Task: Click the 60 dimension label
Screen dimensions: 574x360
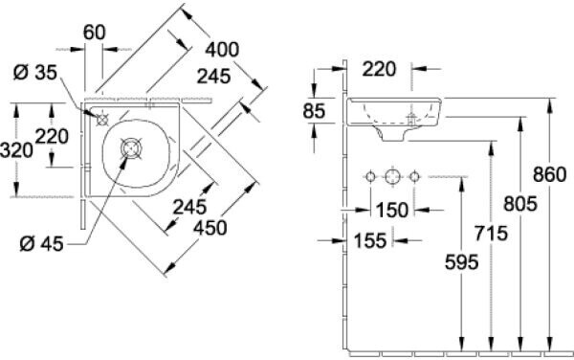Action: point(94,33)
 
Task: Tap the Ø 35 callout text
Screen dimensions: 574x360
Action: point(35,73)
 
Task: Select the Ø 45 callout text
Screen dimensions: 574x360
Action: point(41,243)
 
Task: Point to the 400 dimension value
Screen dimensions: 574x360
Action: point(222,50)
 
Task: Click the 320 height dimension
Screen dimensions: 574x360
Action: point(16,150)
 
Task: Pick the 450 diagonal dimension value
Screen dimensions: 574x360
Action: point(210,228)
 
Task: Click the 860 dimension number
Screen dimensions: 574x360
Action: point(549,174)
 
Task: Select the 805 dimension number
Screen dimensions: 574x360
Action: point(520,204)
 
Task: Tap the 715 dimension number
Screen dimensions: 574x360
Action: point(491,234)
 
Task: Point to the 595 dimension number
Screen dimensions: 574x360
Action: point(462,262)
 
